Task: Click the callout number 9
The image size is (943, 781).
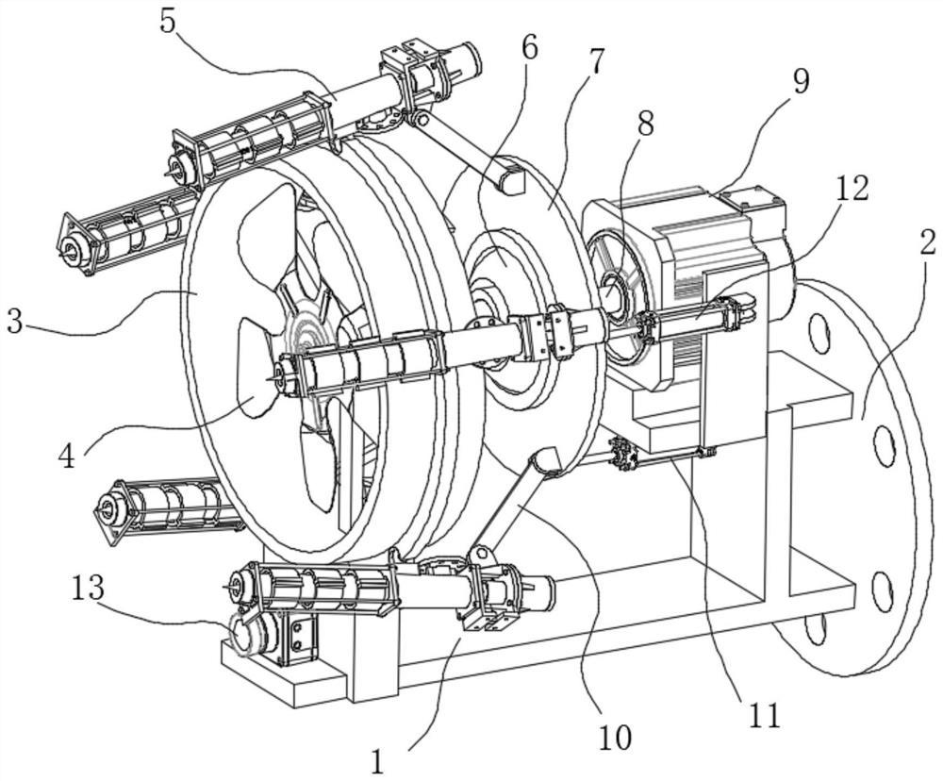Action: click(x=801, y=81)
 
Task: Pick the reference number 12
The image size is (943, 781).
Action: click(x=852, y=189)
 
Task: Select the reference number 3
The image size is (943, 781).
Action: click(x=16, y=322)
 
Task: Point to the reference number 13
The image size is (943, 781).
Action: click(x=89, y=588)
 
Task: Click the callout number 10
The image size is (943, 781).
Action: click(x=614, y=737)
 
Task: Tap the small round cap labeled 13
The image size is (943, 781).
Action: click(x=243, y=636)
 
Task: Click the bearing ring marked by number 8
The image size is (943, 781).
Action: click(x=614, y=291)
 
